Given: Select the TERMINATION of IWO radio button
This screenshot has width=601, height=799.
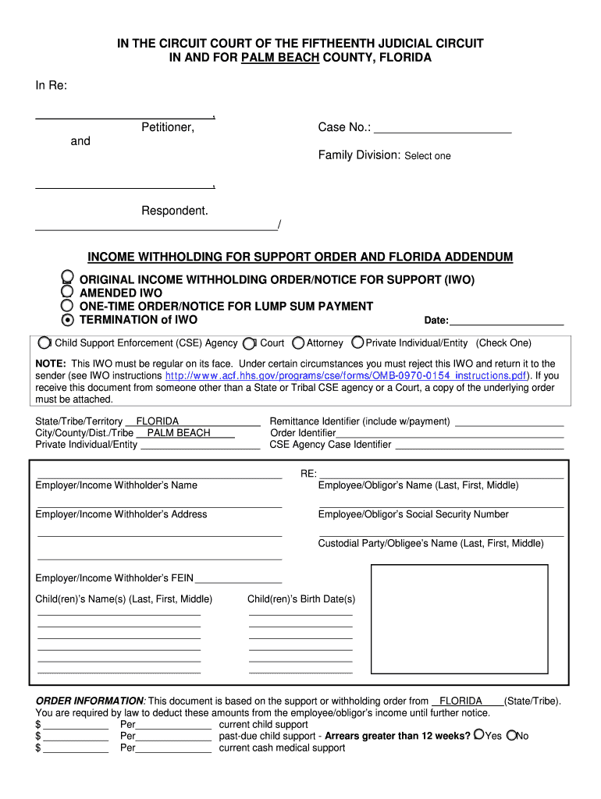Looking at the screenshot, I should point(68,320).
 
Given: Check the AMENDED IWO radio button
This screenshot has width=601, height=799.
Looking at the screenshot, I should point(68,293).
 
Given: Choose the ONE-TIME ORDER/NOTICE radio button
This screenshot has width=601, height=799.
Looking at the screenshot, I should point(68,306).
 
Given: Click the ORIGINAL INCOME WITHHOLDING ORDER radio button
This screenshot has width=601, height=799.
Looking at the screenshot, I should point(68,278).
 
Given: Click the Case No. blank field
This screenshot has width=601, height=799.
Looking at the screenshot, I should point(443,128).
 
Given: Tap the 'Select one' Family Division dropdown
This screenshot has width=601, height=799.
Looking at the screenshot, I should point(427,156).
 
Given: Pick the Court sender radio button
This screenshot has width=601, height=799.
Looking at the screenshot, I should point(249,343).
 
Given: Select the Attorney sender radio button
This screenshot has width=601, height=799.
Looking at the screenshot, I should point(298,343).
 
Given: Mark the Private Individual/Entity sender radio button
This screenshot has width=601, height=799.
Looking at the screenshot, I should point(357,342).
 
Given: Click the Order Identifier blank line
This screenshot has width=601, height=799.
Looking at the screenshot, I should point(450,433).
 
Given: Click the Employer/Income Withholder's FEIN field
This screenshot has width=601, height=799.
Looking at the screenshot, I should point(238,578).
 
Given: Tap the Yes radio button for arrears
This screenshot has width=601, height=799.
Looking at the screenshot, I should point(478,735).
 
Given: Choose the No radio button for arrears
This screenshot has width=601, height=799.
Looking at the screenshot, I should point(512,735).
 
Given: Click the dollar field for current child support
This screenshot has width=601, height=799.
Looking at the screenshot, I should point(76,725).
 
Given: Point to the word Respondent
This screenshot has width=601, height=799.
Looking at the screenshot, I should point(175,211).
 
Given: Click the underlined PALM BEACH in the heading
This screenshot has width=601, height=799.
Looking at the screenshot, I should point(280,58).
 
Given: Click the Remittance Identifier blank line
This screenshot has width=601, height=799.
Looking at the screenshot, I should point(509,422).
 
